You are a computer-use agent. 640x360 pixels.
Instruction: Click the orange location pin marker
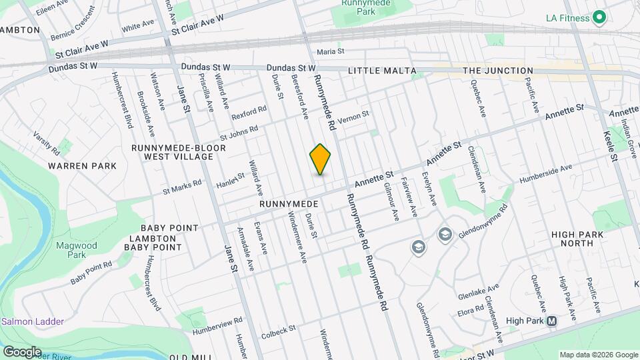point(321,159)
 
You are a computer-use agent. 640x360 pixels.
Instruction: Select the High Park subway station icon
point(551,321)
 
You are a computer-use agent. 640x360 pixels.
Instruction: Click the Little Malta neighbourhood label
point(382,71)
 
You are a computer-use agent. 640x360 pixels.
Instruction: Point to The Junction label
point(498,71)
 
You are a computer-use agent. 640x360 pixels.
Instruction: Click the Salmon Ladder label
point(33,321)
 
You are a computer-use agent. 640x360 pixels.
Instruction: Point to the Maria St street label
point(330,51)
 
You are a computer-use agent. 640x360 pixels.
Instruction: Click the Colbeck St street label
point(278,331)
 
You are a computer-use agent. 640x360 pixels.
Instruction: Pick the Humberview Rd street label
point(217,327)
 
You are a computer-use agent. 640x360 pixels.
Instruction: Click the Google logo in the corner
point(23,351)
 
